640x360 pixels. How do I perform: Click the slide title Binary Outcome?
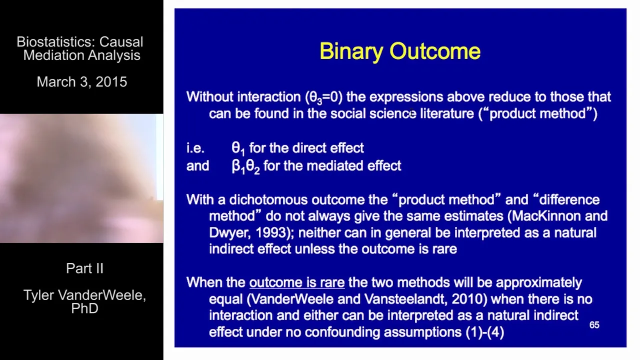pyautogui.click(x=400, y=51)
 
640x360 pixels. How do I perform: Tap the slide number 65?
pyautogui.click(x=594, y=325)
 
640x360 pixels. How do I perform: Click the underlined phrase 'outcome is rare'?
pyautogui.click(x=297, y=282)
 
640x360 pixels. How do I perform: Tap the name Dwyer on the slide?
pyautogui.click(x=229, y=232)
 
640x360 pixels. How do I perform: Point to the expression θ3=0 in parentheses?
pyautogui.click(x=323, y=97)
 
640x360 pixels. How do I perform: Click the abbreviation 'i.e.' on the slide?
pyautogui.click(x=195, y=148)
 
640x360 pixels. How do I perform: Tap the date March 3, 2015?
pyautogui.click(x=82, y=82)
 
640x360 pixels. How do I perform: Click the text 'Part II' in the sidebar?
pyautogui.click(x=84, y=268)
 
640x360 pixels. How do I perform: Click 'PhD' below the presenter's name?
pyautogui.click(x=84, y=308)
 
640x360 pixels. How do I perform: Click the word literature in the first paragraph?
pyautogui.click(x=447, y=113)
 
